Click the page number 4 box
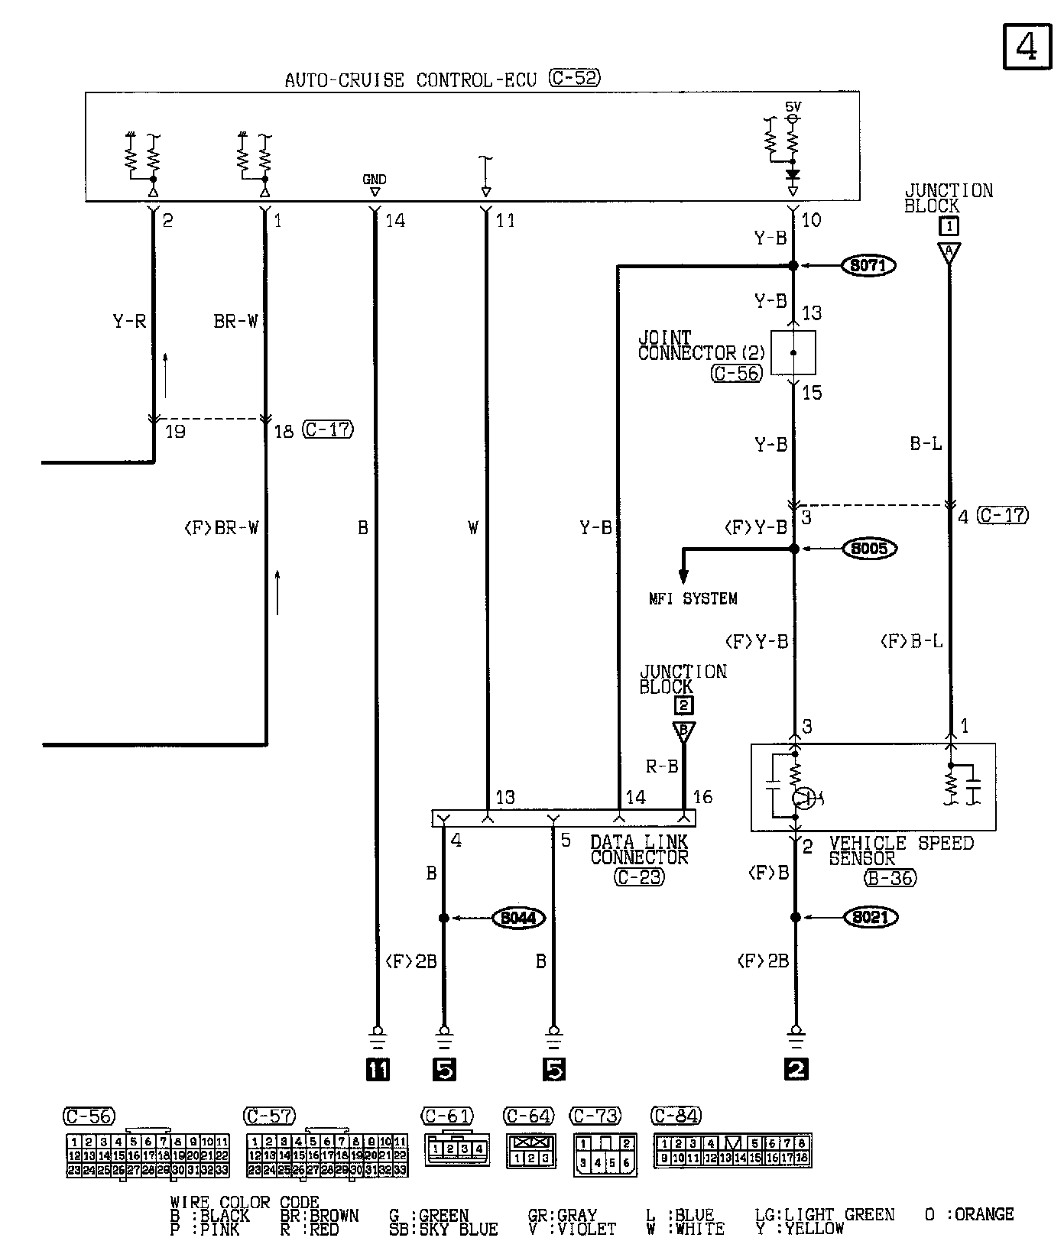[x=1027, y=47]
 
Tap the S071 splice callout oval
[x=868, y=266]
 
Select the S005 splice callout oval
[x=869, y=549]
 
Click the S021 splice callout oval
[x=869, y=917]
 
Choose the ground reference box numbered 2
[x=796, y=1069]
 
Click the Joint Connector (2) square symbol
[x=793, y=353]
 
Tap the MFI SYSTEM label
[x=693, y=599]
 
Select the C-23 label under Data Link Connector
[x=639, y=877]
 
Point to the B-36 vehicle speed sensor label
[x=890, y=878]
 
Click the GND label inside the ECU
[x=374, y=180]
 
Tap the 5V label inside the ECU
[x=793, y=106]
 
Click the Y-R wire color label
[x=129, y=322]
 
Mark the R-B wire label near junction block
[x=661, y=766]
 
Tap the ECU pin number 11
[x=505, y=221]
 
